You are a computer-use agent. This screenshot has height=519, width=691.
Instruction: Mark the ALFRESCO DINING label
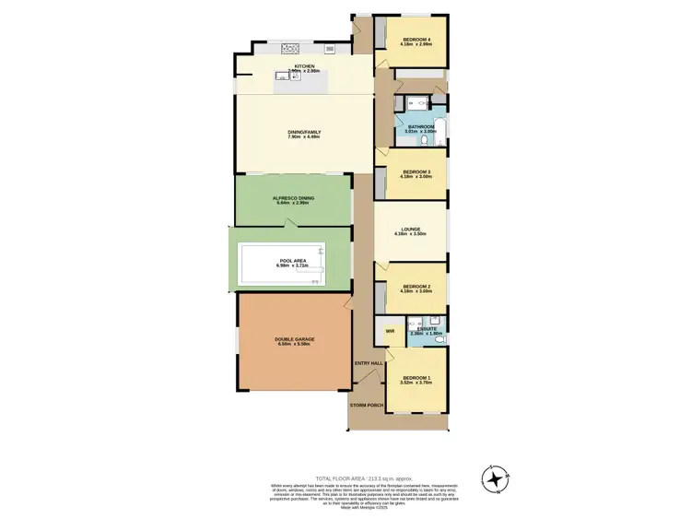[x=293, y=198]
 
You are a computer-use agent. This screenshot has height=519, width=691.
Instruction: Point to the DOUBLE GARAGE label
[x=295, y=339]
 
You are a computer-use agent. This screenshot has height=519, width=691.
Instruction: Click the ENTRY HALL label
[x=369, y=363]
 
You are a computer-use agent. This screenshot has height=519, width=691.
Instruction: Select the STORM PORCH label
[x=366, y=405]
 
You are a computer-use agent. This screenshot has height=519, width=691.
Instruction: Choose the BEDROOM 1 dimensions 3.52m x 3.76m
[x=416, y=383]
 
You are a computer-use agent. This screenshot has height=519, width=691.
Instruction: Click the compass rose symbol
[x=497, y=478]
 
